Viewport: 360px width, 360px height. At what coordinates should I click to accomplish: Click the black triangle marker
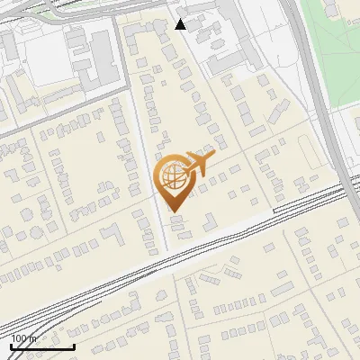coord(181,24)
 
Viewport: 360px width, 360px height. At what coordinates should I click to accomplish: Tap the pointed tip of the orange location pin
coord(174,211)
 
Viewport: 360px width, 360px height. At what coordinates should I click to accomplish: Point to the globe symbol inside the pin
coord(173,176)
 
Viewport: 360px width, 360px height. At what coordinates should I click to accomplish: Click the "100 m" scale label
coord(24,338)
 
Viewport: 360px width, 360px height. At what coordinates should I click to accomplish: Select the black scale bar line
coord(42,346)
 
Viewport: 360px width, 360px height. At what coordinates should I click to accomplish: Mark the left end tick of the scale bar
coord(12,345)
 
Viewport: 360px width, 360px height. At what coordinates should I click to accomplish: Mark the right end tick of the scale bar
coord(74,345)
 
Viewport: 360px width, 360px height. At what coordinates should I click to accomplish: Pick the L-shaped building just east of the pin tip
coord(207,220)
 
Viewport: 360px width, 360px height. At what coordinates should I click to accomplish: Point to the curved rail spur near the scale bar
coord(36,324)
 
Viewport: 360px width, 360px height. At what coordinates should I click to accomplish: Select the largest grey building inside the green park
coord(332,10)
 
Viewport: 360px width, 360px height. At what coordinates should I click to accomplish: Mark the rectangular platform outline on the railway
coord(306,197)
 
